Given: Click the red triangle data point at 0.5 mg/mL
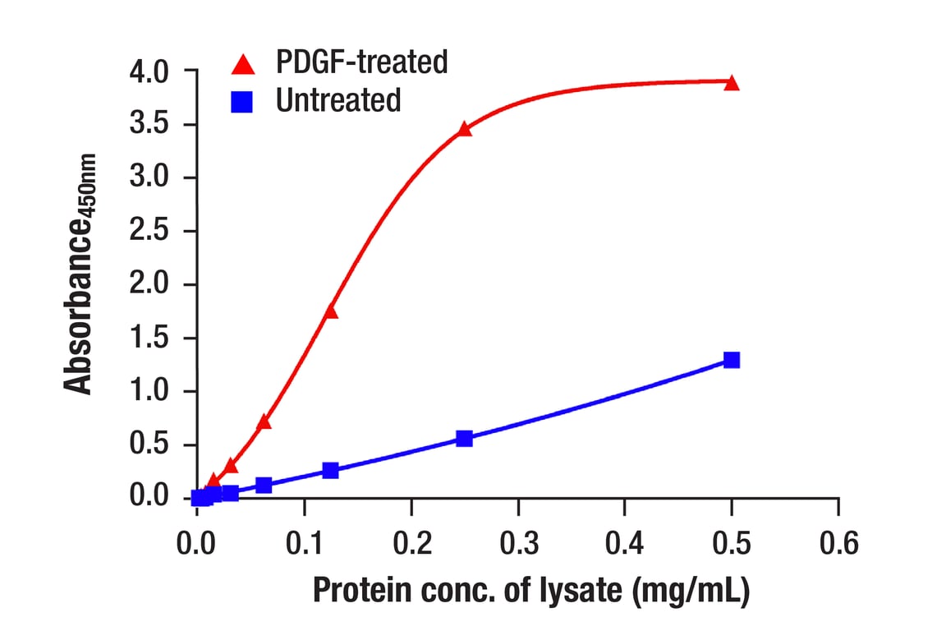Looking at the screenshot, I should point(732,83).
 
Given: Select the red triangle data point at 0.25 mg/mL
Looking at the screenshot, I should point(465,129).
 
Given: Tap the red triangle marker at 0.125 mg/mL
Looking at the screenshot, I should point(331,311).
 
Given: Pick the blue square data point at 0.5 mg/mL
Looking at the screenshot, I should point(732,360).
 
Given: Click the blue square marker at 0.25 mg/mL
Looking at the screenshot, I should point(465,439).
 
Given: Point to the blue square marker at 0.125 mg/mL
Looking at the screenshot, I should point(331,470).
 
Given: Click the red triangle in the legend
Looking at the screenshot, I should point(243,63).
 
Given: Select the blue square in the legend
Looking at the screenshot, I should point(243,101).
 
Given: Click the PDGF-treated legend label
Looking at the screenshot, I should point(361,62).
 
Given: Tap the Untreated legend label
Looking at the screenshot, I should point(338,100).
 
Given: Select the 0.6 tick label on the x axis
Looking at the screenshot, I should point(838,543).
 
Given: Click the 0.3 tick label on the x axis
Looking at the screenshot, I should point(517,543).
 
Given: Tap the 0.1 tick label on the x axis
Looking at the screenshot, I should point(304,543).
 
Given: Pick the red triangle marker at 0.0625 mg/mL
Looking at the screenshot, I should point(264,422).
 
